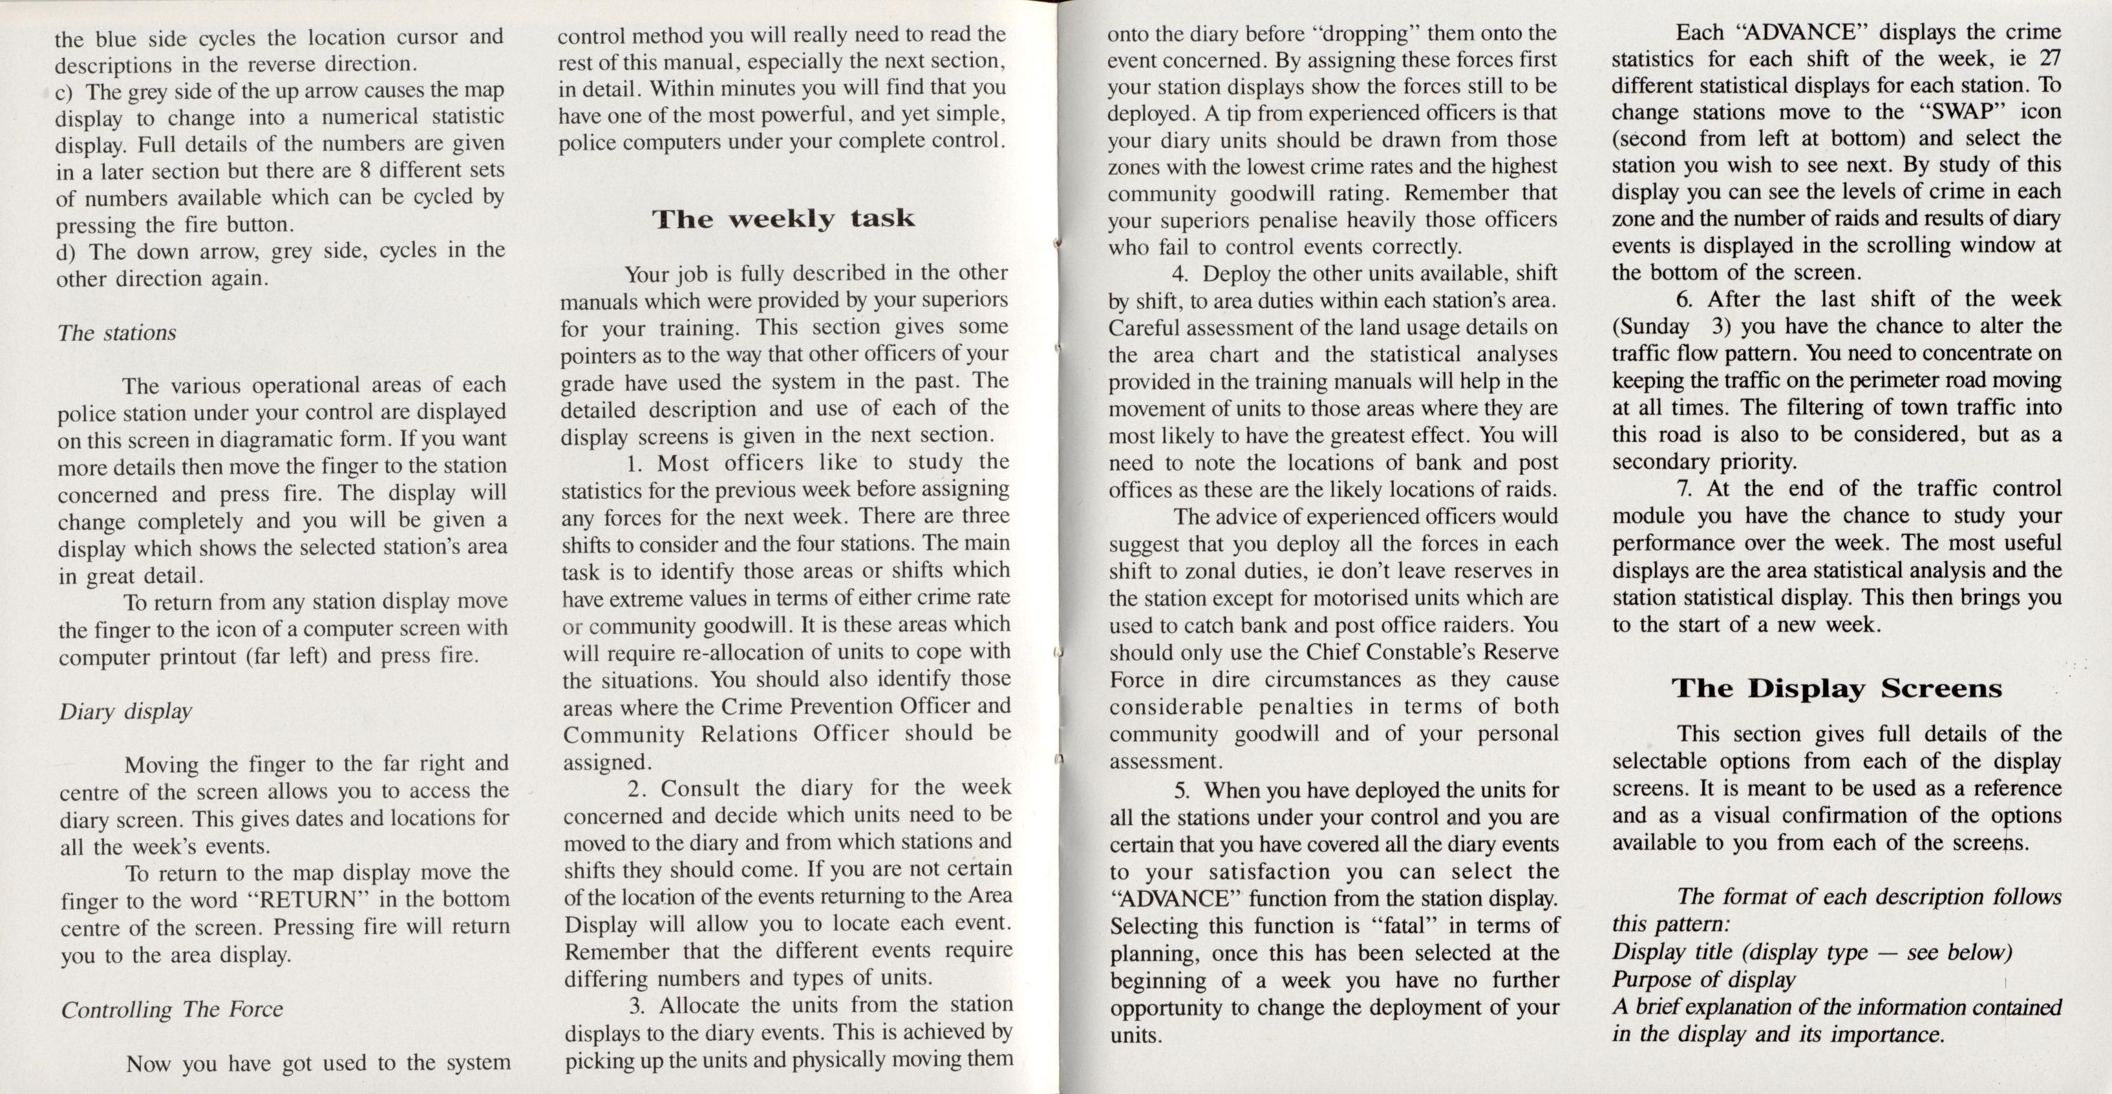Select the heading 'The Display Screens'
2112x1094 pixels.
point(1837,688)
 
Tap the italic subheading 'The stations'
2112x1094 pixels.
point(116,333)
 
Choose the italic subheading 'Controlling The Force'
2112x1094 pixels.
point(172,1009)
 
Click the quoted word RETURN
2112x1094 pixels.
point(309,899)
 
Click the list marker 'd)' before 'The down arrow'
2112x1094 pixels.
point(67,251)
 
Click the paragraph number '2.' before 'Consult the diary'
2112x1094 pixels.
point(639,788)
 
